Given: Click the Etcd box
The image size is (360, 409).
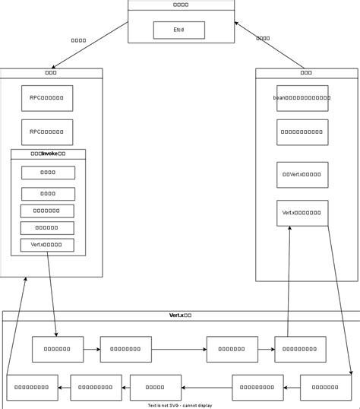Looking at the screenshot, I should (178, 30).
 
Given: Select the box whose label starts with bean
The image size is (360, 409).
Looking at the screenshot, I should (302, 98).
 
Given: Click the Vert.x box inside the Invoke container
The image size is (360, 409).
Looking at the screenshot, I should (47, 245).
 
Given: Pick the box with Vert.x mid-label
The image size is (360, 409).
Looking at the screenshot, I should (302, 175).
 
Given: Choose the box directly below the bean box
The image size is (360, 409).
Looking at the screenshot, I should (302, 132).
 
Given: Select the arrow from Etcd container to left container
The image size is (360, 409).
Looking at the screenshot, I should (87, 45).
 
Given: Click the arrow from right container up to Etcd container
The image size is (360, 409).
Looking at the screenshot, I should (270, 45).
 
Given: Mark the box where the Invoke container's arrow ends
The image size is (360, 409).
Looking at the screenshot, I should (58, 349).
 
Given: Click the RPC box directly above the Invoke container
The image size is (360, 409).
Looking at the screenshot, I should (47, 132).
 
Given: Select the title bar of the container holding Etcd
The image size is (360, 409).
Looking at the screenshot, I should (181, 5).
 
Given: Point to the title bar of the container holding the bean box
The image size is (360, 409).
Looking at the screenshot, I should (306, 73).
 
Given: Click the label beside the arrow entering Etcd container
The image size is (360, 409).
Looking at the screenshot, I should (263, 38).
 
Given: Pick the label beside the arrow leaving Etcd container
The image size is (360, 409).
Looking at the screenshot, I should (78, 40).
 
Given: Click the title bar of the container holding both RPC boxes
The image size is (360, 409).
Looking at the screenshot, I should (52, 73).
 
